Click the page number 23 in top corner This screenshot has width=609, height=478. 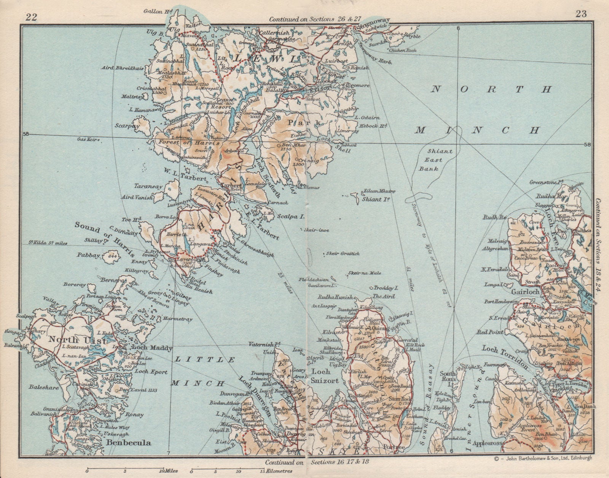point(581,14)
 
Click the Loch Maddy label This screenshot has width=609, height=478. point(152,348)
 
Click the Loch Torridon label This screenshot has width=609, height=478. point(505,357)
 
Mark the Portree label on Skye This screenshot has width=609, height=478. point(394,448)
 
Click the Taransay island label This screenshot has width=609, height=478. point(148,186)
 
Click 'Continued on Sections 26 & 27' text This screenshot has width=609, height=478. point(310,19)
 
